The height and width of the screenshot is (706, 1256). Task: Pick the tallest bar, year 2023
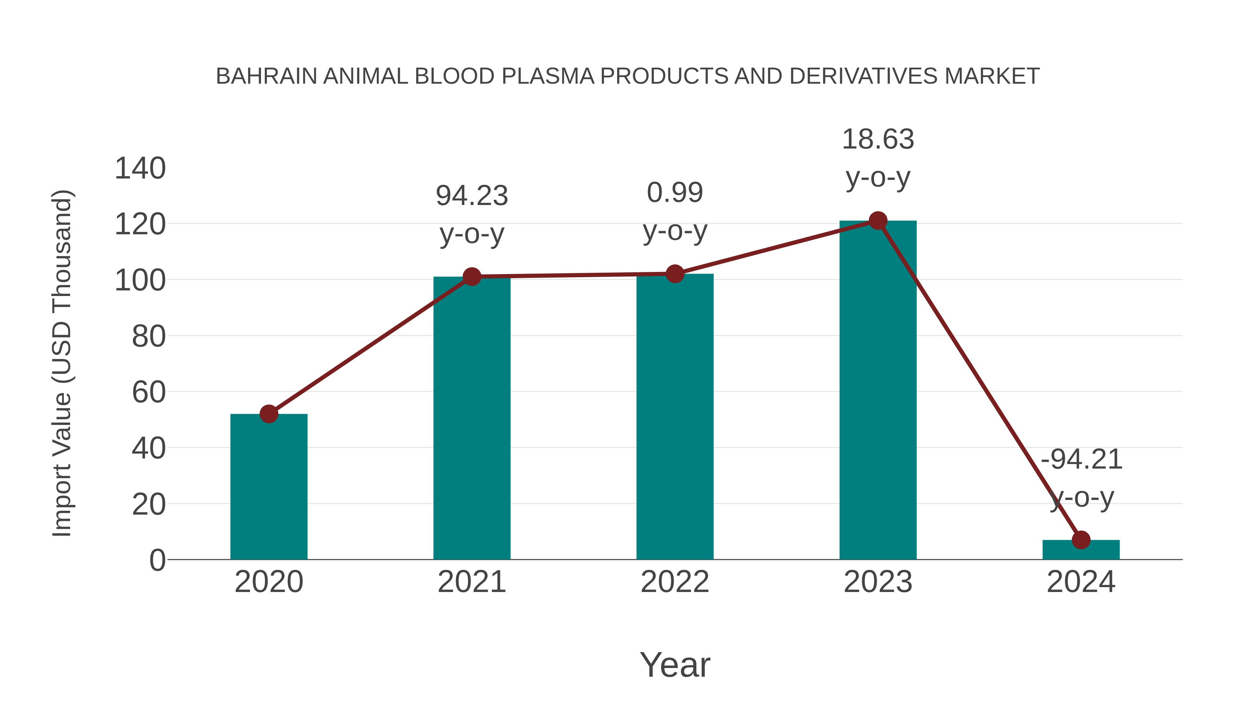878,390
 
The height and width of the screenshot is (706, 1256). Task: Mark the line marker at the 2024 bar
1081,540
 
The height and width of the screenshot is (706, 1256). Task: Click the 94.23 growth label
471,196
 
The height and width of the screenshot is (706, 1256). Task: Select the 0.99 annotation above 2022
675,192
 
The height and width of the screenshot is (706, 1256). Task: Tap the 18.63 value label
878,139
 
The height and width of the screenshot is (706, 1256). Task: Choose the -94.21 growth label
1081,460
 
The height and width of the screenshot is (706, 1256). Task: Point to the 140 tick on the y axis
140,169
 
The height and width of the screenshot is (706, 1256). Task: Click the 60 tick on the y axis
149,392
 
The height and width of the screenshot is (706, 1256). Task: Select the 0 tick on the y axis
157,560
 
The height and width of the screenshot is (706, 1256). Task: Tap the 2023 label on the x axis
878,582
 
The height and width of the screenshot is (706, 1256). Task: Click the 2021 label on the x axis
471,582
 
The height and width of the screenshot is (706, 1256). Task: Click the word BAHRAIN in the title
266,76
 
